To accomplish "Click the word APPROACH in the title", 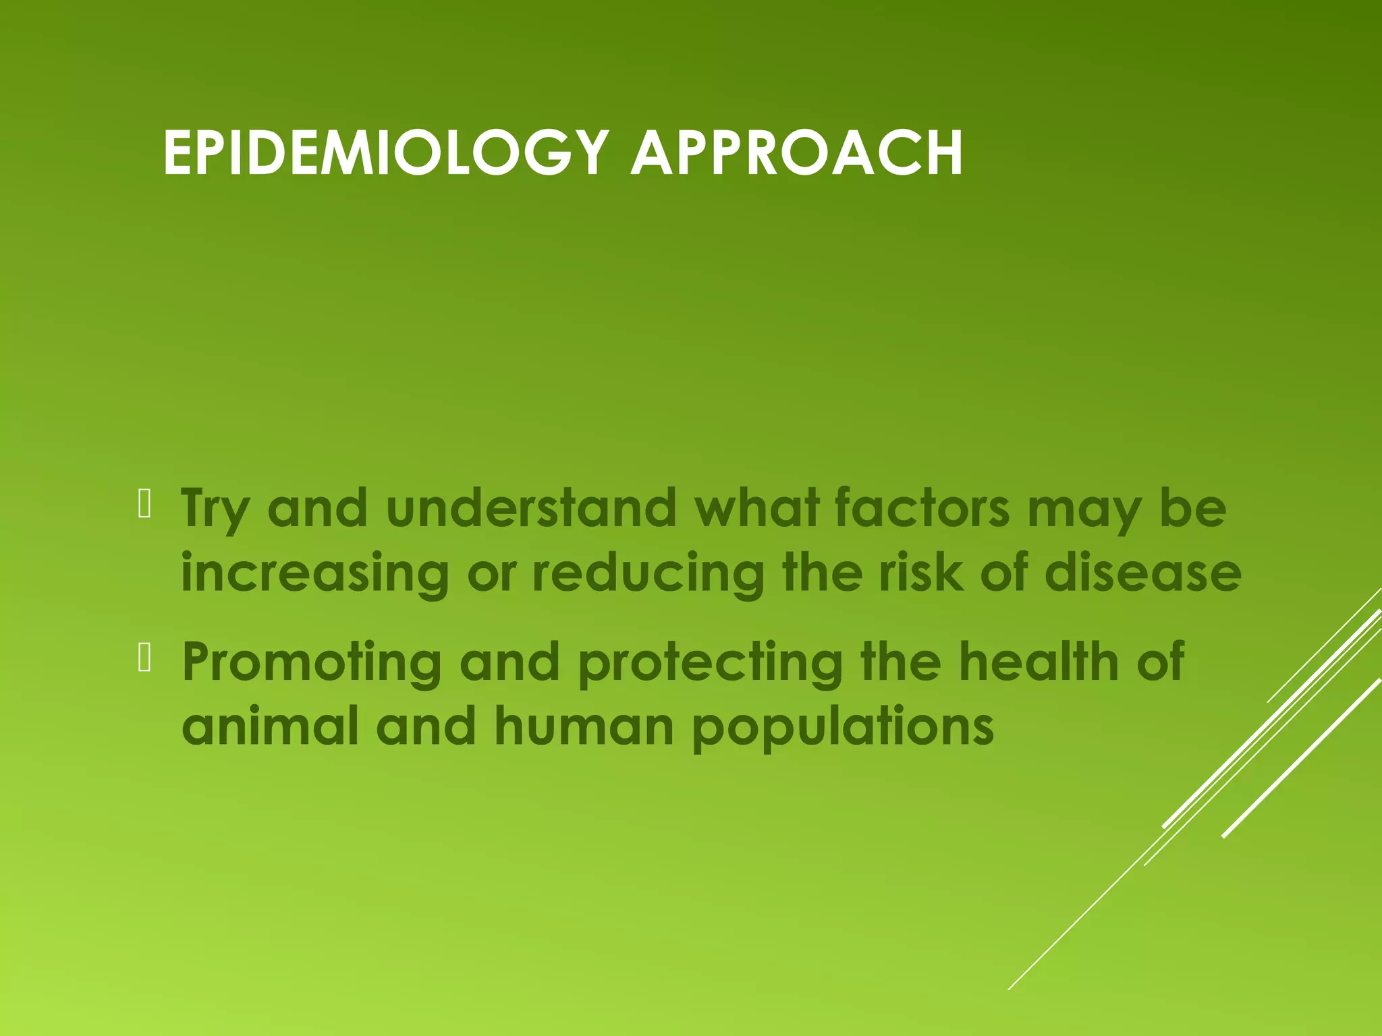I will coord(796,154).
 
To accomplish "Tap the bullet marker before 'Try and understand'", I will coord(144,504).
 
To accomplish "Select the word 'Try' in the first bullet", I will coord(215,509).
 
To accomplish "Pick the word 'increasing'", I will coord(314,573).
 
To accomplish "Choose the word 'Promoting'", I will coord(312,663).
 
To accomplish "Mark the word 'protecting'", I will coord(710,663).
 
